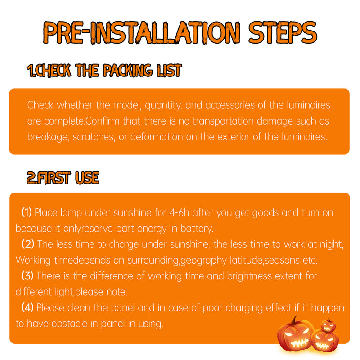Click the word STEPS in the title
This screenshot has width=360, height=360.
[283, 32]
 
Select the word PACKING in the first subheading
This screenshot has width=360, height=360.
[127, 70]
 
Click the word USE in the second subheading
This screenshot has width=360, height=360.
[87, 178]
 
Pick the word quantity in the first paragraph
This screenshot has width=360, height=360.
[163, 106]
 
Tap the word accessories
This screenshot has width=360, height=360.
[230, 105]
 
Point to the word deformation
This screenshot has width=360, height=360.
[157, 137]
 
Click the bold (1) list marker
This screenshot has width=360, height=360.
[27, 212]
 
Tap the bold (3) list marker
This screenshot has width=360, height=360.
[27, 275]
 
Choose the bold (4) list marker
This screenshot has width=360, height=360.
[27, 307]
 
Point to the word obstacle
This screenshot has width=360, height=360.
[69, 324]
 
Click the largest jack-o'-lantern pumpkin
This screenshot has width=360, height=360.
[296, 335]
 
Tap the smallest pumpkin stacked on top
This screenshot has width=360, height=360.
[328, 325]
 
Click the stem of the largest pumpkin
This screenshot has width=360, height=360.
[294, 320]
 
